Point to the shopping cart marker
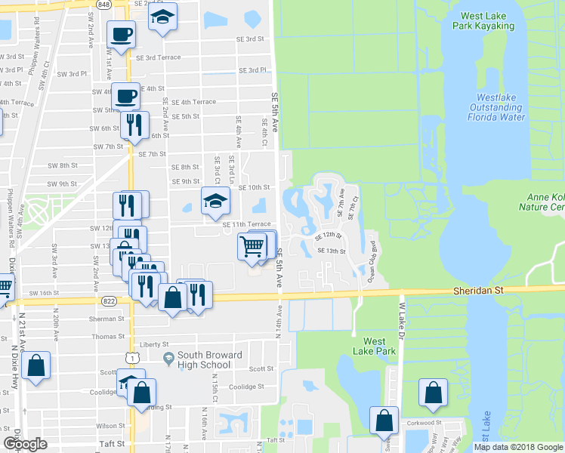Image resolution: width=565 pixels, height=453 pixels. tap(252, 245)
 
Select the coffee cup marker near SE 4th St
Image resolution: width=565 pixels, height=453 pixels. tap(126, 97)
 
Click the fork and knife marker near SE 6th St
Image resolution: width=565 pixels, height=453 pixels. tap(134, 124)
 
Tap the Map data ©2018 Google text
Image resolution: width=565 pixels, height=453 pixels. tap(518, 447)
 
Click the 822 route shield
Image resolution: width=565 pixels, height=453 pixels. tap(110, 299)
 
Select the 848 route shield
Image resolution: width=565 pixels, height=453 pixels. tap(103, 4)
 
